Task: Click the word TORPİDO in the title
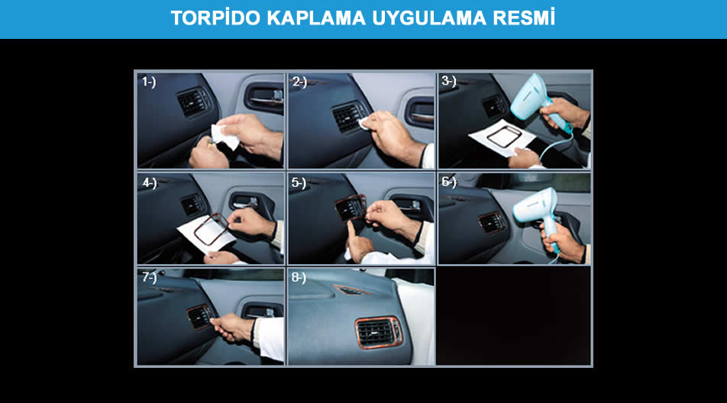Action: [x=215, y=18]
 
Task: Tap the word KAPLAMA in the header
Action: [x=316, y=18]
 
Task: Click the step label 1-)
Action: [x=149, y=82]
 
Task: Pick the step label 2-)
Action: [x=299, y=82]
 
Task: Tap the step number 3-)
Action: [x=449, y=81]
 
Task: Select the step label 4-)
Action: [x=150, y=183]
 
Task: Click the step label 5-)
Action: [x=299, y=183]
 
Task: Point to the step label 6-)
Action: [x=449, y=182]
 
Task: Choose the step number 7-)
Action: [x=150, y=278]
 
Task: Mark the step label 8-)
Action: [x=299, y=278]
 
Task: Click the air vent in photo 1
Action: [x=193, y=102]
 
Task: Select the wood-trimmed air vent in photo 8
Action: [x=378, y=333]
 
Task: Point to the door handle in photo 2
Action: [x=420, y=114]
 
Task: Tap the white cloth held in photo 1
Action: [x=225, y=135]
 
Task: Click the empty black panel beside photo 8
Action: [x=513, y=316]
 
